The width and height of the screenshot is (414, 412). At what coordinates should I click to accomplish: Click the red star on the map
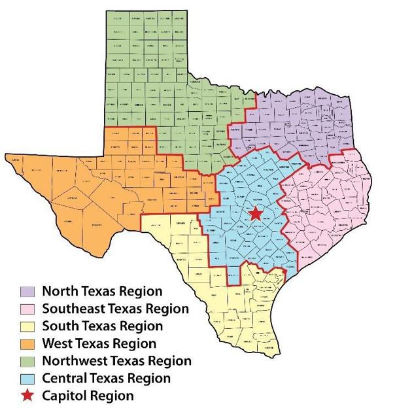point(255,214)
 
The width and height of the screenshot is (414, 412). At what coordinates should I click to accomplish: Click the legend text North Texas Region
point(102,290)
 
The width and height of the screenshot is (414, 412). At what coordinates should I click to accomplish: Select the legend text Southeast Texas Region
point(115,308)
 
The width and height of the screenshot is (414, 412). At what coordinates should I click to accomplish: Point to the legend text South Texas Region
point(103,326)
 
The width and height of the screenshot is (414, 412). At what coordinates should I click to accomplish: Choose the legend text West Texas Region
point(99,343)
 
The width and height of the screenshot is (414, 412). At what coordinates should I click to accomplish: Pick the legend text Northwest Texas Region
point(116,360)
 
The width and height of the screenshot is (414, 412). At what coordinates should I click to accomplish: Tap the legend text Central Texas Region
point(106,378)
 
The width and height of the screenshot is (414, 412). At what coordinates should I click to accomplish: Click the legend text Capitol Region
point(88,395)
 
